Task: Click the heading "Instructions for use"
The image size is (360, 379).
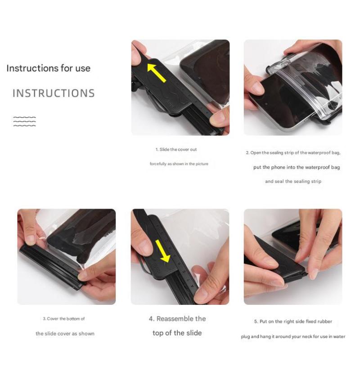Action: coord(49,68)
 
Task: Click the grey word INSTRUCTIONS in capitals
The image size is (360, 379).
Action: coord(54,94)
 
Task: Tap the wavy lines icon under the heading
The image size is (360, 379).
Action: coord(24,121)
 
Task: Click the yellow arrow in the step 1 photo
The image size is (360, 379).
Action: coord(157,72)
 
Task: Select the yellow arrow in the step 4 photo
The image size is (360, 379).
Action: coord(163,251)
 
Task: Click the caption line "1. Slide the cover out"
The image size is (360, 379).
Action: coord(176,149)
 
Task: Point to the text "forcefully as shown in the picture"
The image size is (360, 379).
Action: coord(179,164)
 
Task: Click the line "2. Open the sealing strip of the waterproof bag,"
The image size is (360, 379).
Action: coord(293,152)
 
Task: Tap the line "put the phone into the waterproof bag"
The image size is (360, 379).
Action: coord(297,167)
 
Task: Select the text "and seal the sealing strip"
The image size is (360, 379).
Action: coord(293,181)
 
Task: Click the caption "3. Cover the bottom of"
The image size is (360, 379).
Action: coord(64,319)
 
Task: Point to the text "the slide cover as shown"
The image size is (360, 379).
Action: coord(65,334)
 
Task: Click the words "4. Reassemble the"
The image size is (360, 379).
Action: coord(177,319)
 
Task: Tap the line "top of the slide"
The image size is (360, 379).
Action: coord(177,333)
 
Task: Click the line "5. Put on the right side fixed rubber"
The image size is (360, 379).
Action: coord(293,321)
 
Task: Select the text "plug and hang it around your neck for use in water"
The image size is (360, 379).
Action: coord(293,336)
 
